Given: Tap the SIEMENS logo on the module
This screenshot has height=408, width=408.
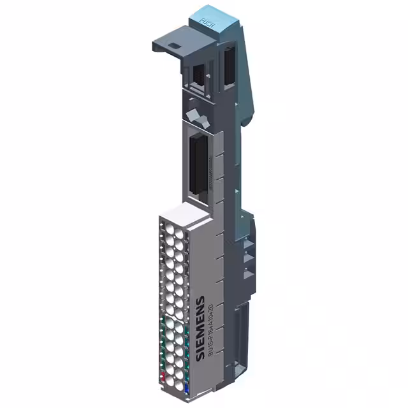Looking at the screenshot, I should point(200,328).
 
